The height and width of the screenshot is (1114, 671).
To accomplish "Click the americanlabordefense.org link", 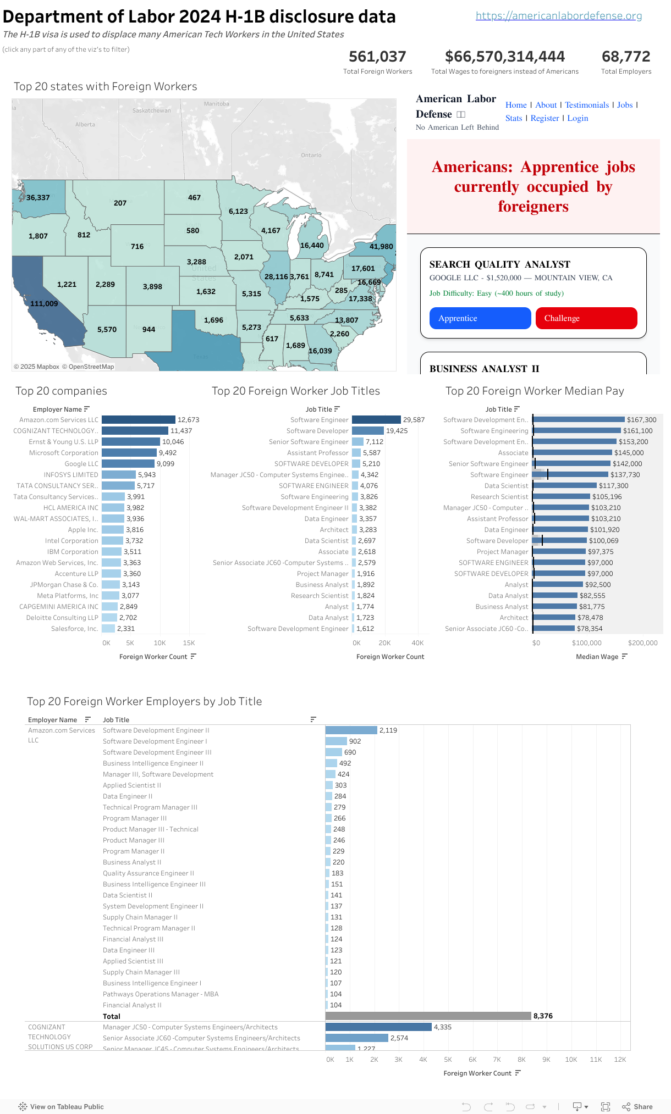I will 558,15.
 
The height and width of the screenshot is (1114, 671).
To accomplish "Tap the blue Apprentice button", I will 480,318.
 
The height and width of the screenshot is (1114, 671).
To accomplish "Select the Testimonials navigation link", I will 586,105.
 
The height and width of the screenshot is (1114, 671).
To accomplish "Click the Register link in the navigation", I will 544,118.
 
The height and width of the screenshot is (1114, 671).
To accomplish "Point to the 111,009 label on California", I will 44,303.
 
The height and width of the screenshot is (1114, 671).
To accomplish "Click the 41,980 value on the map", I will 381,246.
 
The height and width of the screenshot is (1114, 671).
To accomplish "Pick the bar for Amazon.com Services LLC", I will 139,420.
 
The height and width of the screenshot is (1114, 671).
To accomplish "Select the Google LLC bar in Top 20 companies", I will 128,464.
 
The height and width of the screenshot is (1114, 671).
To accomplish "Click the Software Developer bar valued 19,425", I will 367,431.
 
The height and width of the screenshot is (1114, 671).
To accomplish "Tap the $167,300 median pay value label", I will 641,420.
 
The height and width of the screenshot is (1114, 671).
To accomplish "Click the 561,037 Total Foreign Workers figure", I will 377,57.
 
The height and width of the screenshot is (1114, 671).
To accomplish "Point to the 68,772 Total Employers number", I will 626,57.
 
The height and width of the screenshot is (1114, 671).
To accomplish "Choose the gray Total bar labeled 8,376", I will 428,1016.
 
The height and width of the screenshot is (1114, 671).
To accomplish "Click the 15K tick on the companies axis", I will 189,643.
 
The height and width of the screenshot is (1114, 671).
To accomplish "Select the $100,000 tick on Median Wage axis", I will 586,643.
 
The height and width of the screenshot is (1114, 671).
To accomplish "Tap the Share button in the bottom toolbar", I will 637,1107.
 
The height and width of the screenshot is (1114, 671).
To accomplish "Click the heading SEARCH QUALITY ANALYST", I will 499,264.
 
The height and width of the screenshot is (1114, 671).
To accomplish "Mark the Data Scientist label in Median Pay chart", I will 506,486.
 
